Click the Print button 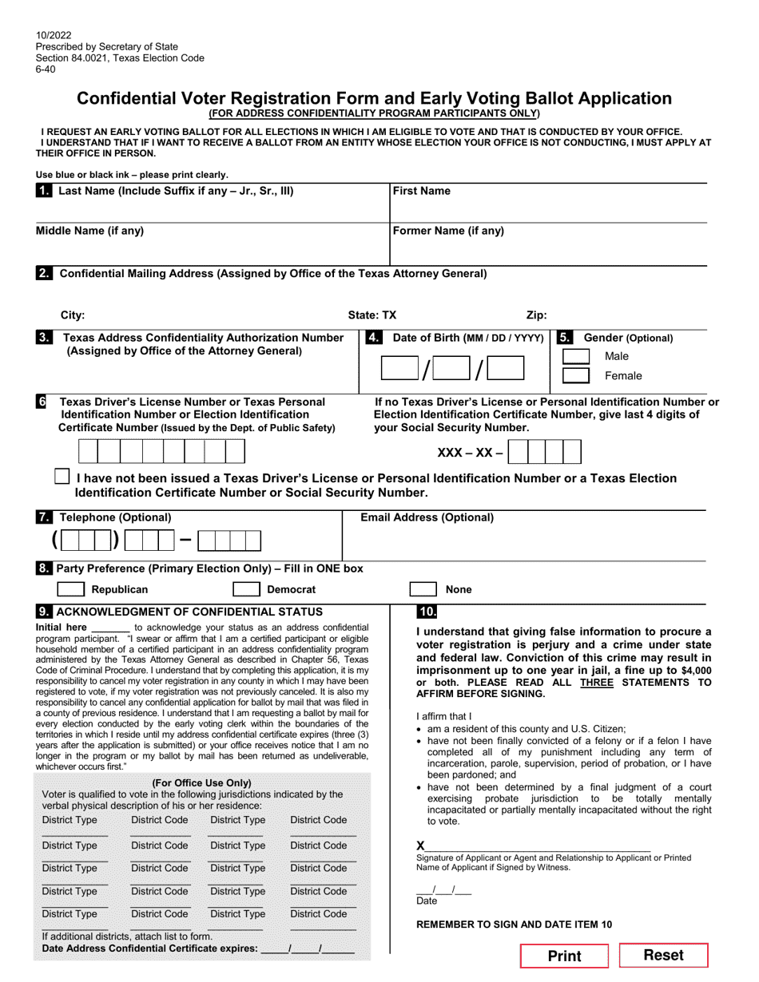click(564, 956)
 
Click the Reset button click(664, 955)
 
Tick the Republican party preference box click(71, 589)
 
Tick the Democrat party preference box click(245, 589)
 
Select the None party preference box click(422, 589)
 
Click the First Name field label click(422, 191)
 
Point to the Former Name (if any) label click(448, 231)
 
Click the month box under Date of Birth click(403, 368)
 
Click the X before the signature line click(421, 845)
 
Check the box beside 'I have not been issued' click(62, 477)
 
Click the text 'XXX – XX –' click(470, 453)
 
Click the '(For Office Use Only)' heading click(201, 782)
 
